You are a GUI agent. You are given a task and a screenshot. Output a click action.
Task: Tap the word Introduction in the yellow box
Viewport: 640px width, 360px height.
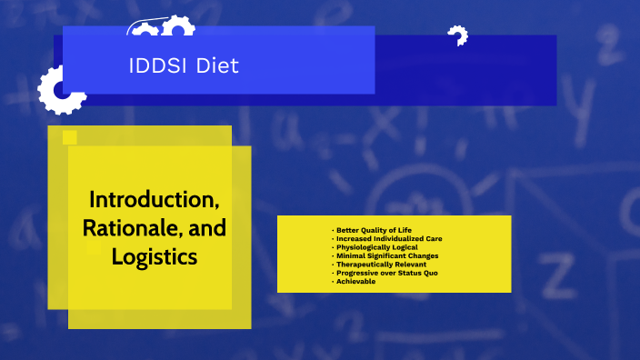tap(154, 199)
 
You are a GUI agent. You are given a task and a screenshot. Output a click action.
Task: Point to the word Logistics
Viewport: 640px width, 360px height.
tap(154, 257)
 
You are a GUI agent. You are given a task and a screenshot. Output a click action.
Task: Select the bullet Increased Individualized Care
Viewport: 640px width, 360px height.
tap(389, 238)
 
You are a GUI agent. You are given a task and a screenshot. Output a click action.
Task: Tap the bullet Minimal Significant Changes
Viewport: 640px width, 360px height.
tap(387, 255)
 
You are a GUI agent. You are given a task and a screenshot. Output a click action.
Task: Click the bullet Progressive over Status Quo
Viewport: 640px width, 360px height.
tap(387, 273)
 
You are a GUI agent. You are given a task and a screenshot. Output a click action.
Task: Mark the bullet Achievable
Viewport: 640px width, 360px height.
tap(356, 282)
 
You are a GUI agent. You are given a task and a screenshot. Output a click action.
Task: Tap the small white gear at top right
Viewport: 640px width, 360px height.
tap(456, 36)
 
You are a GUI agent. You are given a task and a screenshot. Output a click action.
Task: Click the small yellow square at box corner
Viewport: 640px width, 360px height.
tap(69, 138)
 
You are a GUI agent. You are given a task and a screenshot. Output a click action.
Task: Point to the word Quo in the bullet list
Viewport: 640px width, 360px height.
tap(431, 273)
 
